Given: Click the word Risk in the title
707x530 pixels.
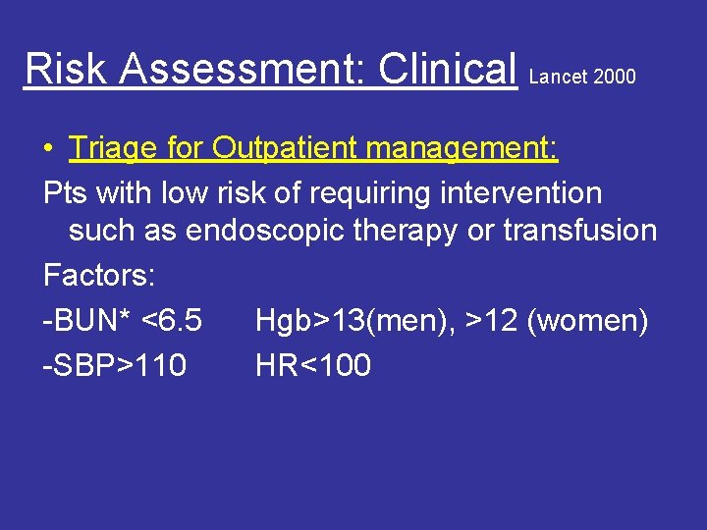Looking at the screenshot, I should click(57, 69).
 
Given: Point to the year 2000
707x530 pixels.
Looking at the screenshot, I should click(615, 77).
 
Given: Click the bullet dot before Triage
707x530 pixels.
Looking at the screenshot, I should click(48, 150).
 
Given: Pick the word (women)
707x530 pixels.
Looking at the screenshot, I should click(587, 320).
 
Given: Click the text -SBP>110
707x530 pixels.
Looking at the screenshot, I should click(115, 365).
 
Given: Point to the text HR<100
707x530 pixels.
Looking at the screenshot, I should click(313, 365).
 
